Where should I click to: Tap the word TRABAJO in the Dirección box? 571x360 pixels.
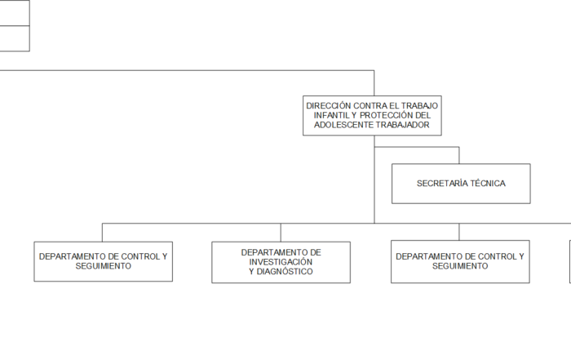coord(420,105)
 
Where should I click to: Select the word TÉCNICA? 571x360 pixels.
coord(488,184)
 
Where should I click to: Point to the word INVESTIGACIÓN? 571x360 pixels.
coord(281,262)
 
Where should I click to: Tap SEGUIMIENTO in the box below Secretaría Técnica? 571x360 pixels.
coord(460,266)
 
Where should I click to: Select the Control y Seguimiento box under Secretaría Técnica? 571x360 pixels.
coord(460,261)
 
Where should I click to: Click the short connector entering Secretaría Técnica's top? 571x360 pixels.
coord(459,155)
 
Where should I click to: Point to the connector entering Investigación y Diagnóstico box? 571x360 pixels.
coord(281,232)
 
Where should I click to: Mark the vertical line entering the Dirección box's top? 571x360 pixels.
coord(374,83)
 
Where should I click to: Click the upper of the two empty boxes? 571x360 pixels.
coord(15,13)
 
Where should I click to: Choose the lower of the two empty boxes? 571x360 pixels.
coord(15,38)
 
